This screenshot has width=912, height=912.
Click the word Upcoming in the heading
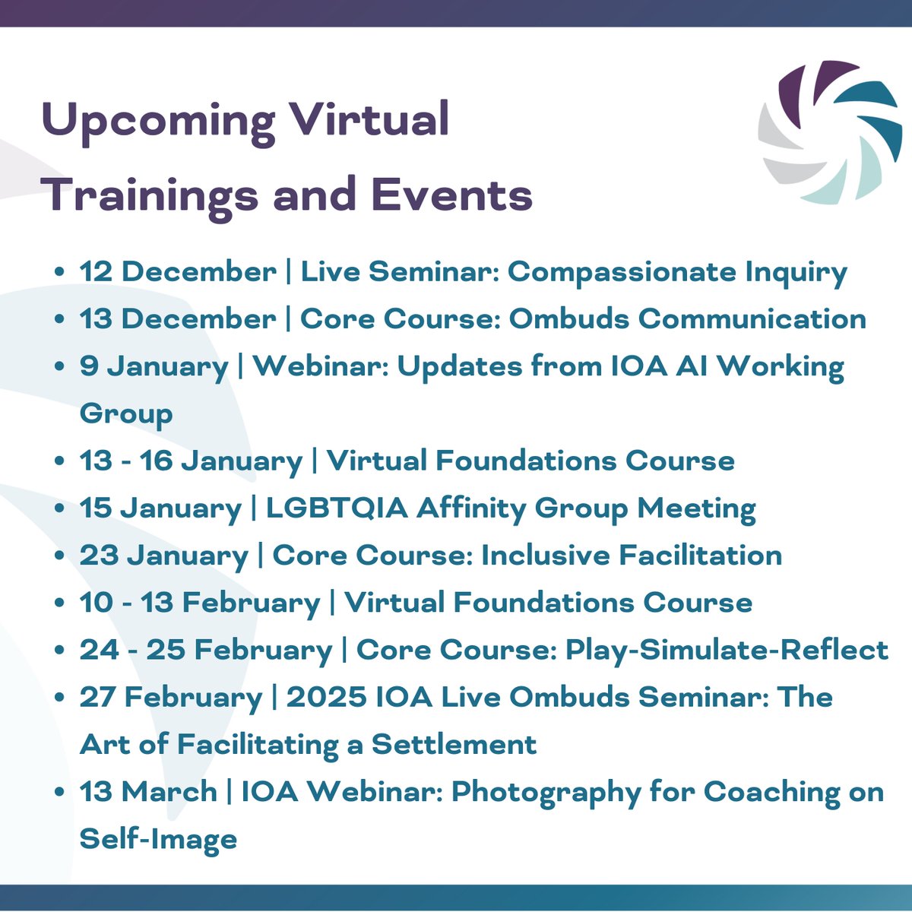click(x=158, y=122)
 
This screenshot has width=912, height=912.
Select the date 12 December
click(x=178, y=272)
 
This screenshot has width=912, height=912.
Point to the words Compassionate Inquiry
click(x=677, y=272)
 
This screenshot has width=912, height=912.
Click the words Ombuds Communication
click(x=687, y=319)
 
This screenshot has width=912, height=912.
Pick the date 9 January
click(x=154, y=366)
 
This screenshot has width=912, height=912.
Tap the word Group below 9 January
click(x=126, y=414)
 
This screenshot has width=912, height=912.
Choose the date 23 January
click(x=164, y=556)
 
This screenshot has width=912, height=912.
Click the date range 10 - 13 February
click(x=200, y=603)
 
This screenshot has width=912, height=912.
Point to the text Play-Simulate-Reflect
click(x=727, y=650)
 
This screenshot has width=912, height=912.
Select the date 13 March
click(x=148, y=792)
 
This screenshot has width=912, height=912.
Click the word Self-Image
click(x=158, y=839)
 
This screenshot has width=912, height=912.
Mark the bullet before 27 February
click(x=60, y=698)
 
